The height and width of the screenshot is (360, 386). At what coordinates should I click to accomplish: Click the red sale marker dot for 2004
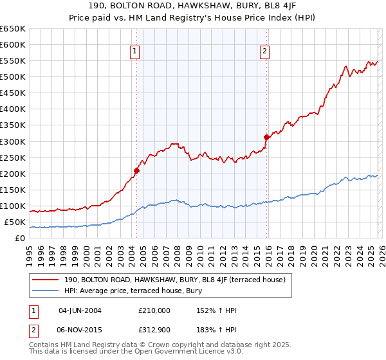pos(136,170)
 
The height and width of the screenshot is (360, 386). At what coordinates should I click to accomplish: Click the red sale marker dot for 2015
pos(266,137)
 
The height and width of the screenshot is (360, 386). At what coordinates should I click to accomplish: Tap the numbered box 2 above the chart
pos(265,52)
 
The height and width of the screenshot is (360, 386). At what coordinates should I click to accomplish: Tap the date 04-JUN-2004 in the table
pos(80,310)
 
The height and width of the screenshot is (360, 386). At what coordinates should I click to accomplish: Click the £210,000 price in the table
pos(154,310)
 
